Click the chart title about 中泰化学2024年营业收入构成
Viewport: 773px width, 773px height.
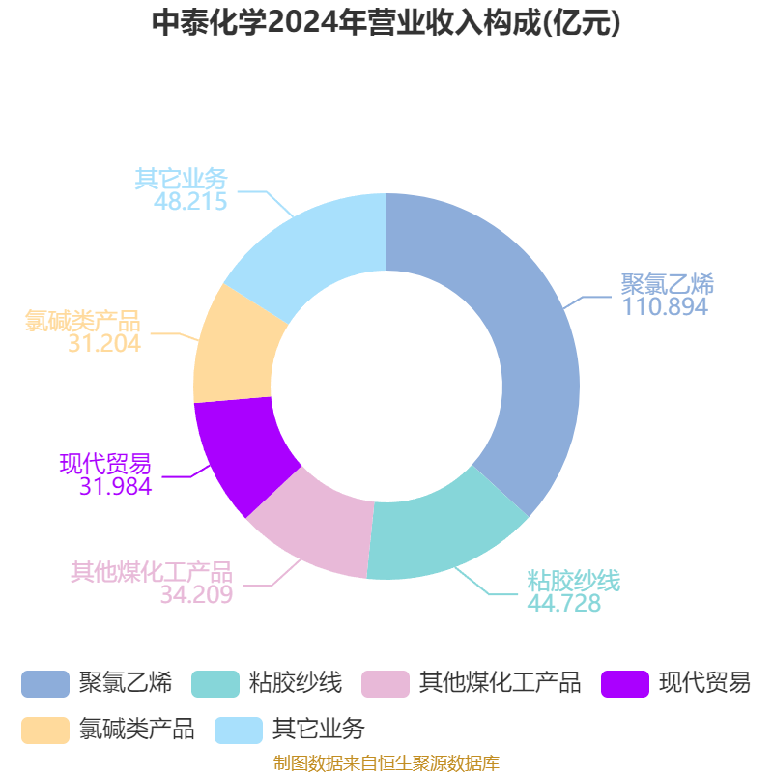pyautogui.click(x=386, y=23)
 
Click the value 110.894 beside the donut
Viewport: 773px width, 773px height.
pyautogui.click(x=665, y=306)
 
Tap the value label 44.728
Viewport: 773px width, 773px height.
pyautogui.click(x=564, y=603)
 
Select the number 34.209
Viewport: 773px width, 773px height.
pyautogui.click(x=196, y=594)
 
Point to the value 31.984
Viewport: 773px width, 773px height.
pyautogui.click(x=115, y=486)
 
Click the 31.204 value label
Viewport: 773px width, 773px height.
pyautogui.click(x=104, y=344)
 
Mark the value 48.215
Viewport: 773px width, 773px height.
pyautogui.click(x=190, y=201)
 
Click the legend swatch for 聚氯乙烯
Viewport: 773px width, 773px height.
pyautogui.click(x=45, y=684)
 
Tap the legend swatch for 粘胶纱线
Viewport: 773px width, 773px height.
pyautogui.click(x=215, y=684)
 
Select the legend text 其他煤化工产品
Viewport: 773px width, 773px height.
pyautogui.click(x=500, y=683)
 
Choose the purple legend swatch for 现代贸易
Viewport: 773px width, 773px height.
pyautogui.click(x=625, y=684)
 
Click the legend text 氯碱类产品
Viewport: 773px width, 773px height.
pyautogui.click(x=137, y=730)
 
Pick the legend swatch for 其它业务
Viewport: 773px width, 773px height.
pyautogui.click(x=239, y=730)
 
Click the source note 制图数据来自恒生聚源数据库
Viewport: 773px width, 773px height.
pyautogui.click(x=386, y=763)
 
